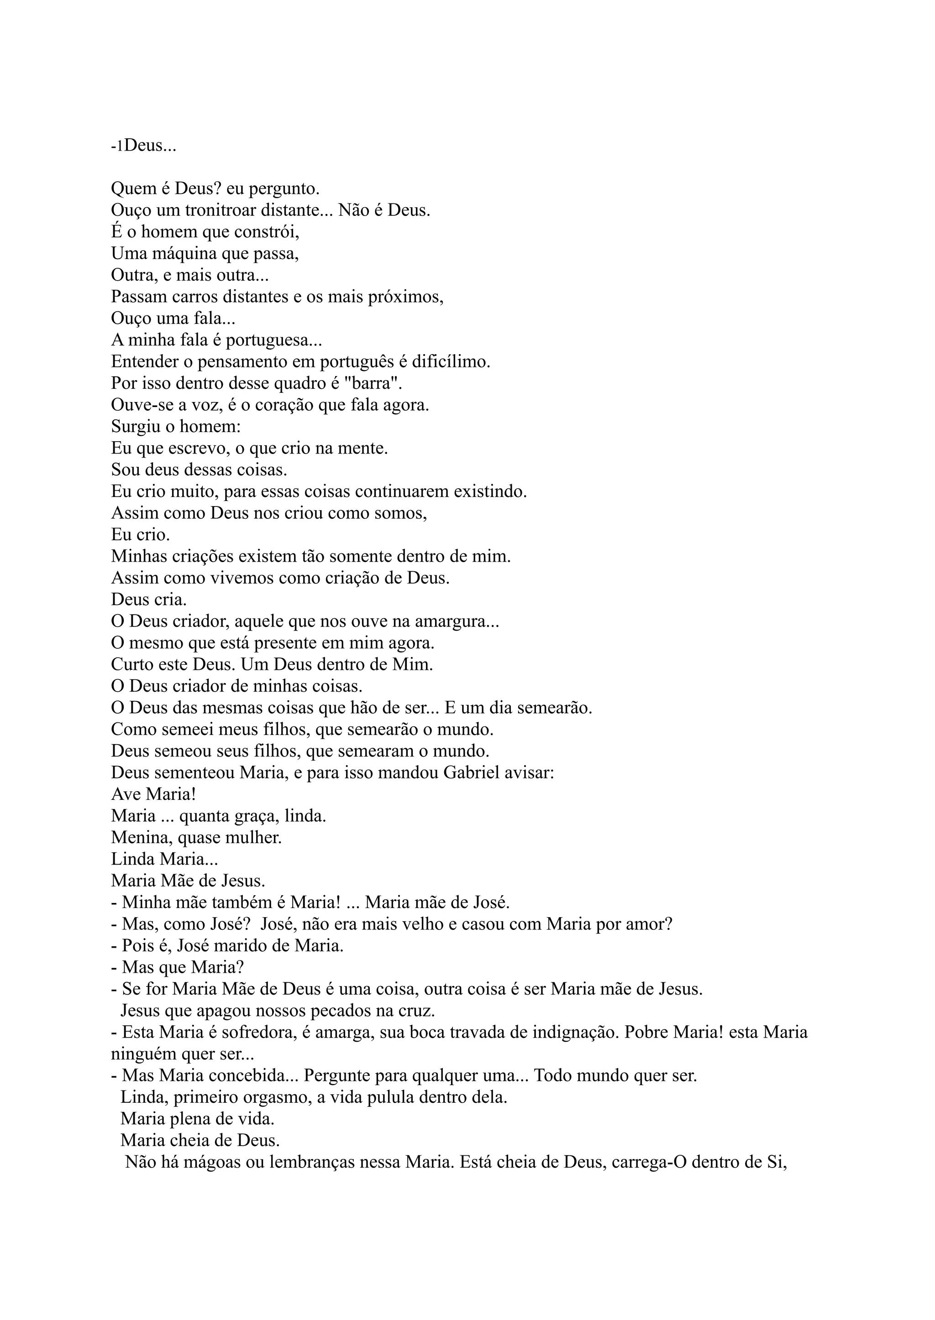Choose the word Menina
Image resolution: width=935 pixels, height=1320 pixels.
pyautogui.click(x=138, y=838)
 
